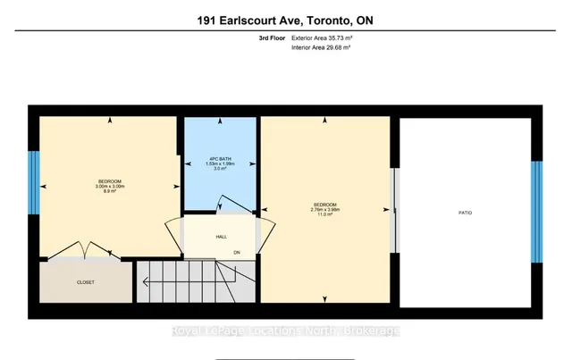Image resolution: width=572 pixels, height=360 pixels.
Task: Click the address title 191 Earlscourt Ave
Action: pos(285,20)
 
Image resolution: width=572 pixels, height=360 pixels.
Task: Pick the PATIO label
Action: pos(465,213)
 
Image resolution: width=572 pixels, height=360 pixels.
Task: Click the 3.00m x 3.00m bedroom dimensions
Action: pos(108,186)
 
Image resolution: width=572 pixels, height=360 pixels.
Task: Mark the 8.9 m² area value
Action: pos(108,191)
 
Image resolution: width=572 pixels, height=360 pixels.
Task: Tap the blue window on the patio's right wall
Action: pos(537,212)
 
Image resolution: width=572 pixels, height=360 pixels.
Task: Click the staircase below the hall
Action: pos(188,284)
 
